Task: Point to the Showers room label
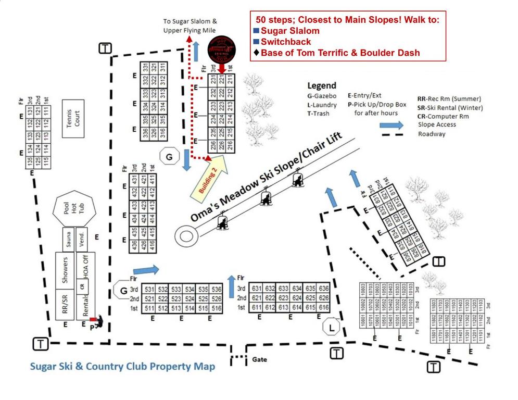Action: click(66, 269)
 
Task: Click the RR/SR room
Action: click(66, 305)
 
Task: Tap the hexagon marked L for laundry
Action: click(331, 327)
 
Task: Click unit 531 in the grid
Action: click(150, 289)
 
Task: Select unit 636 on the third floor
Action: click(323, 289)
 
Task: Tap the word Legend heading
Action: click(322, 85)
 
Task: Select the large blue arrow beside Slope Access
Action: click(391, 125)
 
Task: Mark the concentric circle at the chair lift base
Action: click(186, 235)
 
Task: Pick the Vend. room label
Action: click(82, 240)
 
